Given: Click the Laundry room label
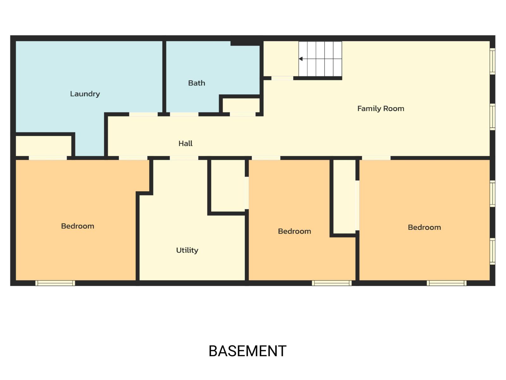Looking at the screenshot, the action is [x=85, y=94].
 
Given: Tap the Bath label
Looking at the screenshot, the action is [x=196, y=83].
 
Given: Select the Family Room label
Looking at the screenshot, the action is [x=380, y=109].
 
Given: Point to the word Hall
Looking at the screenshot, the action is [x=185, y=143].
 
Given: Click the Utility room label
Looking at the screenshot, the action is [x=187, y=250].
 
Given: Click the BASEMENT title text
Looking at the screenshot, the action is [x=247, y=351].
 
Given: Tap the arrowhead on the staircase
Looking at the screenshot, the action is [x=301, y=59].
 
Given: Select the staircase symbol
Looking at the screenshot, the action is [x=320, y=59].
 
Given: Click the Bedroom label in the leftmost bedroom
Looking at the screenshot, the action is [x=77, y=226].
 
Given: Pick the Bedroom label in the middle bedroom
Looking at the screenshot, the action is [x=294, y=231].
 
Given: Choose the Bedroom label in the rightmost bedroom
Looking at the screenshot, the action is [x=424, y=227].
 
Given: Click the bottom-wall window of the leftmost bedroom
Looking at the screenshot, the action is [x=55, y=283].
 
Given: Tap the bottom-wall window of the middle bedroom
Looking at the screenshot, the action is [x=332, y=283].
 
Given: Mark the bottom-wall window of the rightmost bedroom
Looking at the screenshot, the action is [x=447, y=283].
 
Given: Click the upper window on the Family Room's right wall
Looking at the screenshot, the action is [x=492, y=61].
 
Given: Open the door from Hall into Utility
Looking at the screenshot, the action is [x=184, y=158].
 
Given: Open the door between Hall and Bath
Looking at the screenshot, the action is [x=184, y=114].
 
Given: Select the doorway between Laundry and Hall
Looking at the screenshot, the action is [x=143, y=114].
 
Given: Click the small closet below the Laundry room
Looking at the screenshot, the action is [x=44, y=146].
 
